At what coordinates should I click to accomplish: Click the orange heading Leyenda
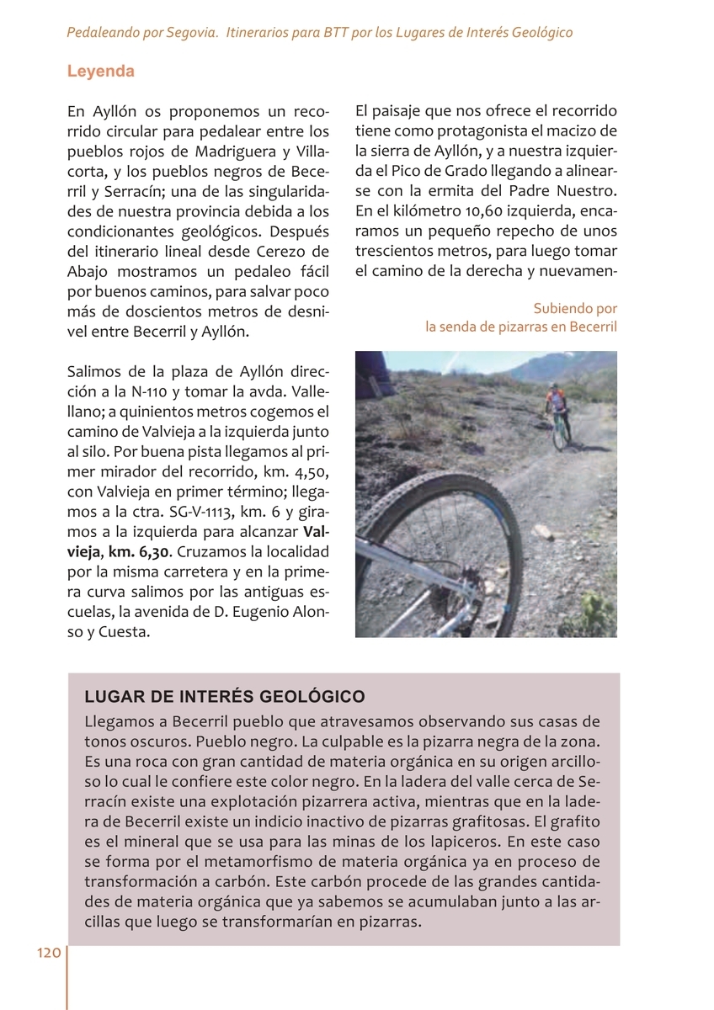pos(101,72)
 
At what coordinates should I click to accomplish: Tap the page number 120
pos(48,953)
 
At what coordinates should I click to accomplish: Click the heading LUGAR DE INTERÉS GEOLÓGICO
pos(225,697)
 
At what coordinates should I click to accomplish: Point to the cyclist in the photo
pos(557,412)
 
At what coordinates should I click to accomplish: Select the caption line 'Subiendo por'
pos(575,309)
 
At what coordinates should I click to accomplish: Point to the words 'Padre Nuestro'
pos(573,189)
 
